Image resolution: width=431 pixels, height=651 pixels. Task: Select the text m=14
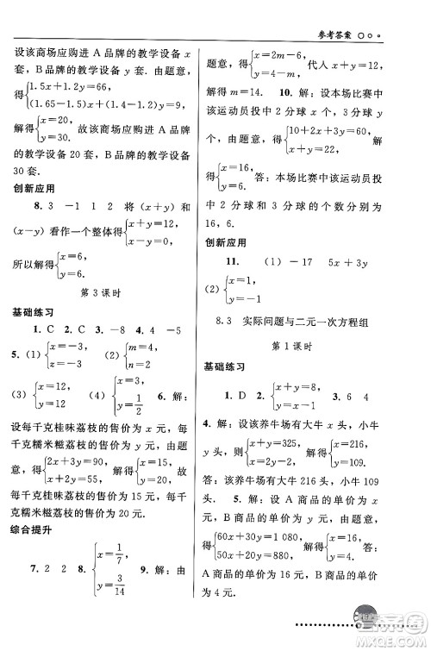point(249,91)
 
